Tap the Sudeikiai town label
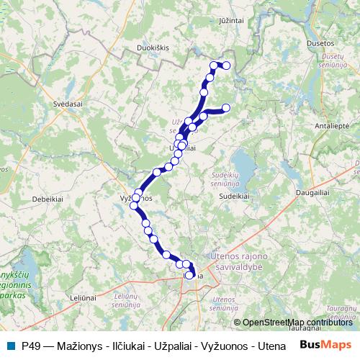pyautogui.click(x=234, y=195)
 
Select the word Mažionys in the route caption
pyautogui.click(x=81, y=346)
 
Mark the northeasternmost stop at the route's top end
pyautogui.click(x=226, y=66)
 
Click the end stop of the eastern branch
pyautogui.click(x=225, y=108)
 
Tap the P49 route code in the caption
pyautogui.click(x=31, y=346)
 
